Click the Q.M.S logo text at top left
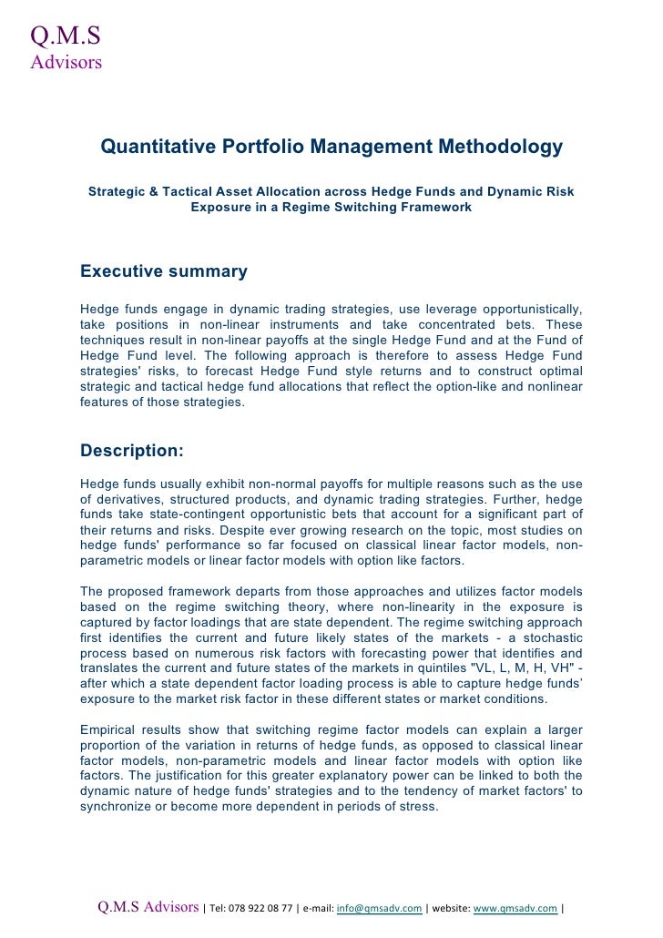65,36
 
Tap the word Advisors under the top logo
66,63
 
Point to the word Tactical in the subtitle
181,192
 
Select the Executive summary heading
164,271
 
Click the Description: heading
132,450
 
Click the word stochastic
546,639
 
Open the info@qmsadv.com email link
378,908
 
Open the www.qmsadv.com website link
515,908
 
